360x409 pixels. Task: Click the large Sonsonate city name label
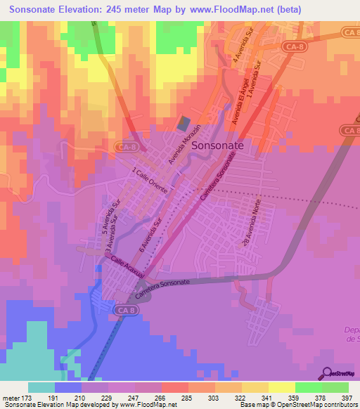pyautogui.click(x=217, y=144)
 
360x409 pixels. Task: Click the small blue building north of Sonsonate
pyautogui.click(x=184, y=123)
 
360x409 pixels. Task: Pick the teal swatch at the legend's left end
pyautogui.click(x=41, y=387)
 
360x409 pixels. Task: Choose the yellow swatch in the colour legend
pyautogui.click(x=281, y=387)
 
